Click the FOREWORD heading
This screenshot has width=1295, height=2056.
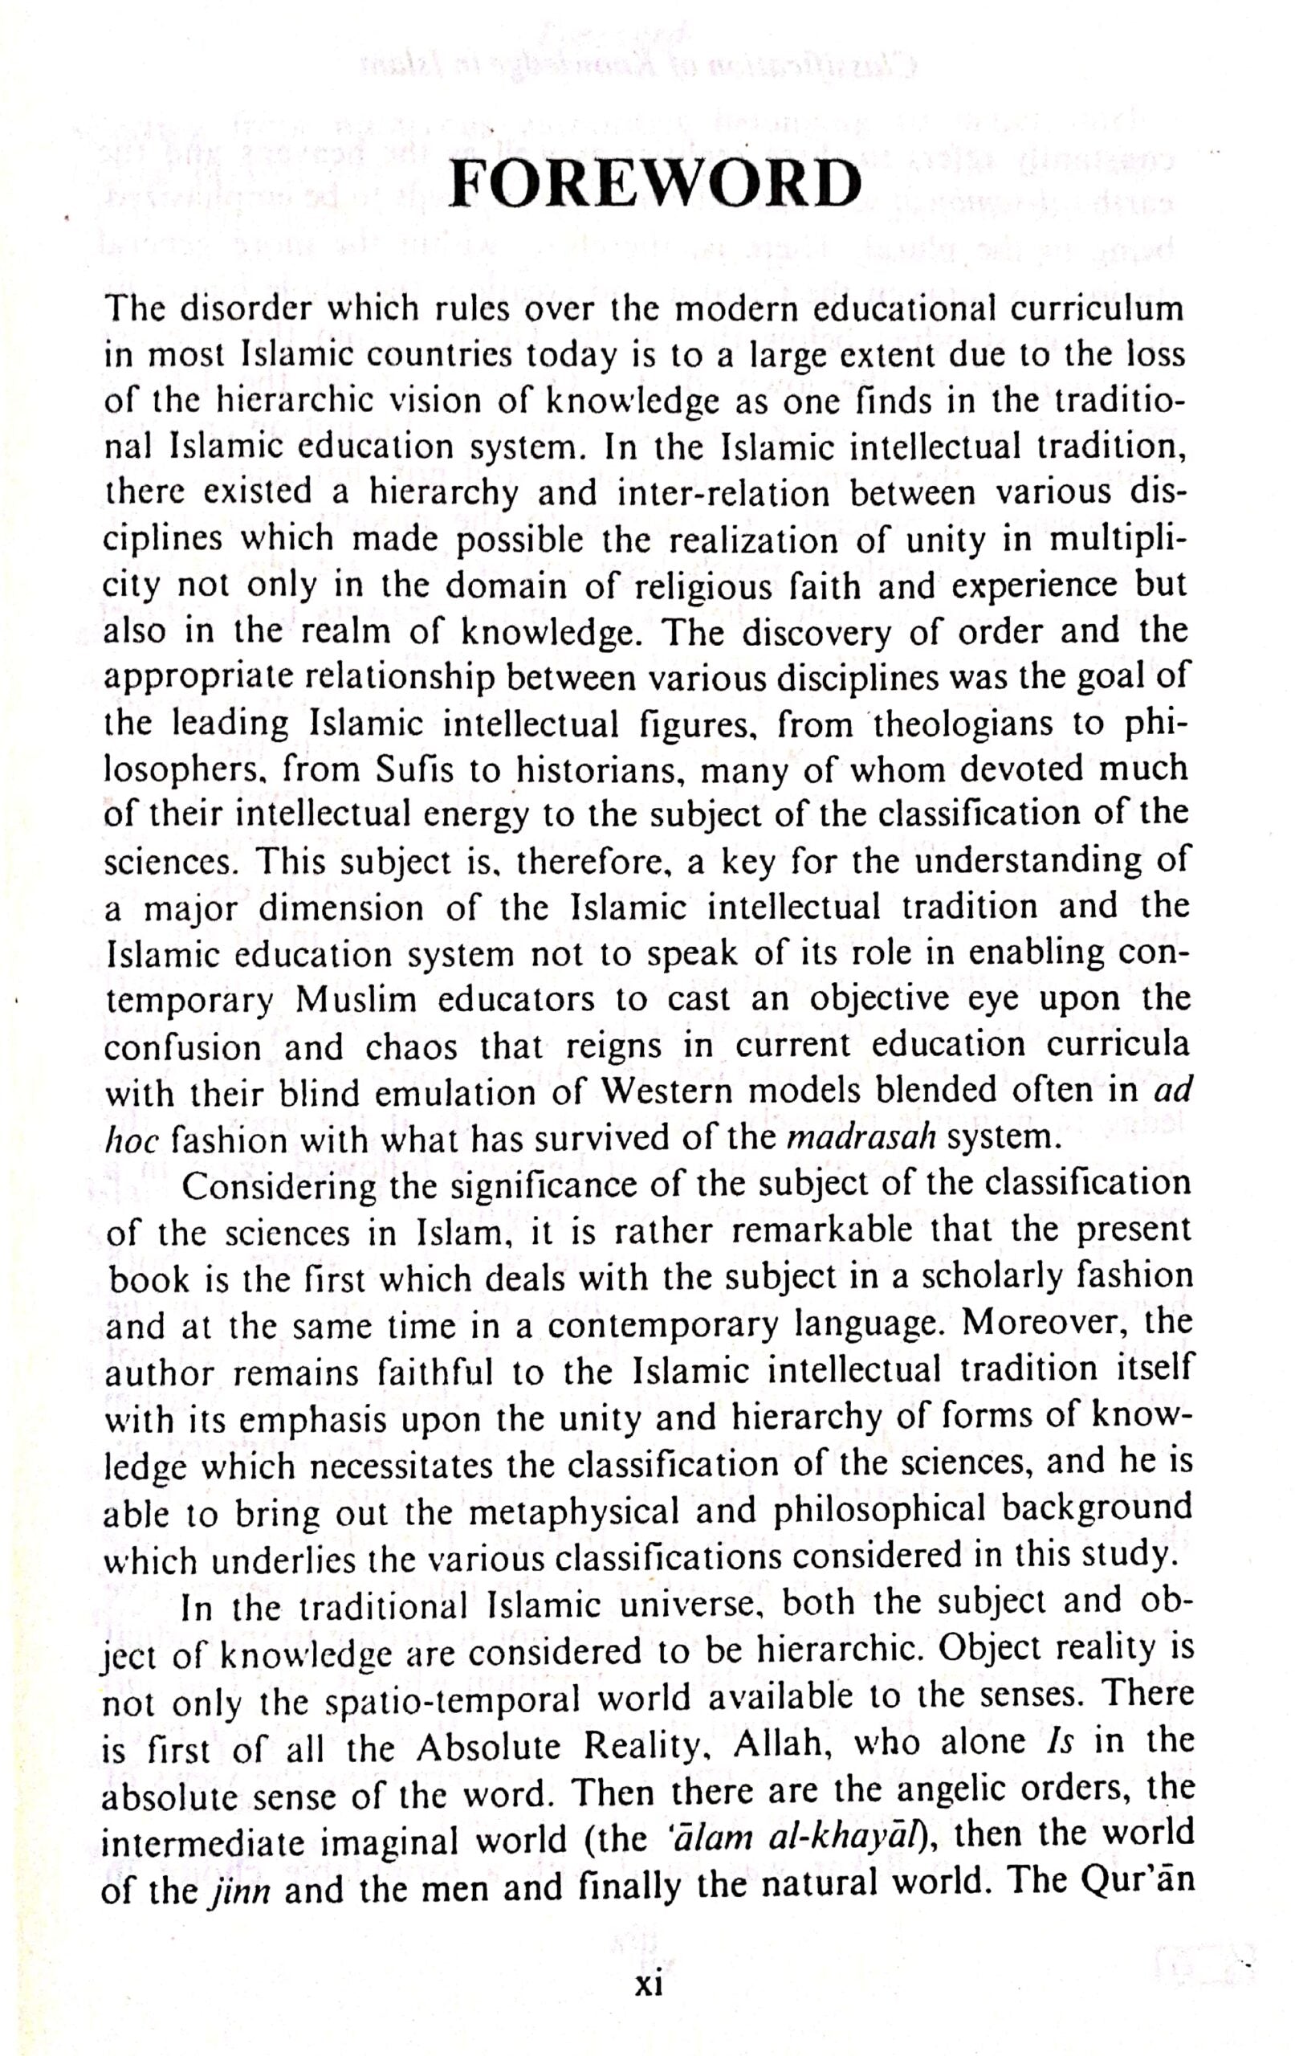click(x=653, y=183)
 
